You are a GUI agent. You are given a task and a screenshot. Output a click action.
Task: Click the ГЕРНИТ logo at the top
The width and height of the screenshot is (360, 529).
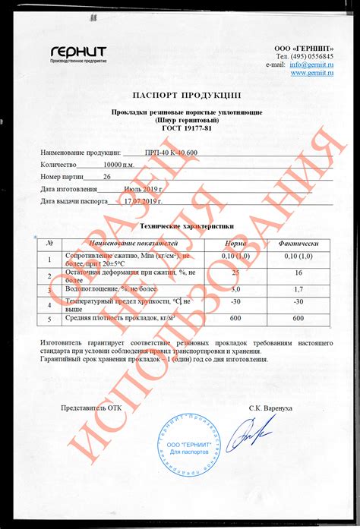[78, 53]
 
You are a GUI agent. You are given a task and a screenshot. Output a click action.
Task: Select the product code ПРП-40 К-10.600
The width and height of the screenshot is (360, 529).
[170, 152]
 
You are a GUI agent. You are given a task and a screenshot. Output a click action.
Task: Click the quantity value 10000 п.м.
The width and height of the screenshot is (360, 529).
[122, 164]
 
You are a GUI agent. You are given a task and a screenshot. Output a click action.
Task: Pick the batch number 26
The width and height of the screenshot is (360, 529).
[106, 176]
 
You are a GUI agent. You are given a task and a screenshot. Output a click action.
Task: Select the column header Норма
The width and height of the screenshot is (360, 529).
[235, 243]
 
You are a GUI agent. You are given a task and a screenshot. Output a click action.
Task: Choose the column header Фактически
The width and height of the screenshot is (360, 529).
[298, 243]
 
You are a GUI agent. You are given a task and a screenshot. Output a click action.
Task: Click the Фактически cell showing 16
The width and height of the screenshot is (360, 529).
[298, 272]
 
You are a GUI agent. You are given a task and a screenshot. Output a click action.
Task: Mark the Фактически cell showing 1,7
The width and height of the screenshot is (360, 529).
[298, 289]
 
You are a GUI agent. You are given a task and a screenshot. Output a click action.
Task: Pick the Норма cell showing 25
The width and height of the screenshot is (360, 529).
[235, 272]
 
